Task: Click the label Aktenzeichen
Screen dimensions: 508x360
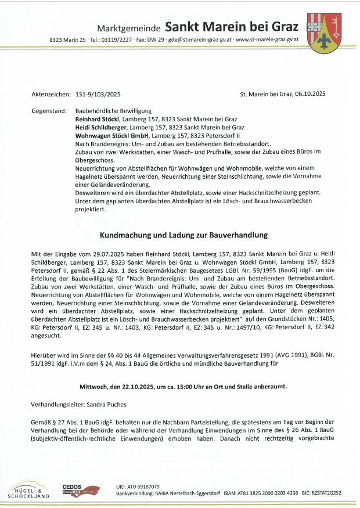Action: click(x=51, y=93)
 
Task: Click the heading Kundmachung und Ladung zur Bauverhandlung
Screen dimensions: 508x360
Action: click(x=183, y=235)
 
